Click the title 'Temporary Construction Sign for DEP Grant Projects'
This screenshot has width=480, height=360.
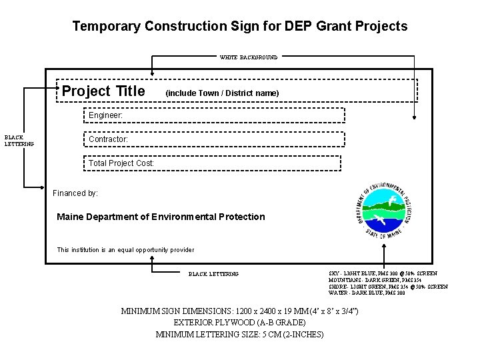click(x=239, y=27)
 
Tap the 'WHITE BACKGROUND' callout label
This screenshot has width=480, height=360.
click(x=249, y=57)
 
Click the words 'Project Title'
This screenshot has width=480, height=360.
click(x=103, y=91)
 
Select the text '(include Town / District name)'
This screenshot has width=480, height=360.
click(x=222, y=93)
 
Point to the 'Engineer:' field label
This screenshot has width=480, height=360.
click(x=105, y=115)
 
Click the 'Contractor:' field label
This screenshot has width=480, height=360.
click(x=108, y=139)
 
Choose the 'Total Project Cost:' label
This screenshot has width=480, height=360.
click(x=121, y=163)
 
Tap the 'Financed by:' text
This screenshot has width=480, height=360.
click(x=75, y=193)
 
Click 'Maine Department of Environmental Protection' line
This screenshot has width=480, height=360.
click(x=161, y=217)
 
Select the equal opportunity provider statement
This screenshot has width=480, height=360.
click(x=125, y=250)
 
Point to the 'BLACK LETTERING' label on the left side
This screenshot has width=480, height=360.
click(x=19, y=141)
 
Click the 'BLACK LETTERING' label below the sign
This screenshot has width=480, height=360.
click(x=214, y=274)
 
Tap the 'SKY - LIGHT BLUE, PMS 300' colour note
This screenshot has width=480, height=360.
click(x=383, y=273)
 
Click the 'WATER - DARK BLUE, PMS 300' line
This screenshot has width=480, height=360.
click(x=367, y=293)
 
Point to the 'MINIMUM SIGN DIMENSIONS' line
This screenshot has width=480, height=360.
click(x=239, y=311)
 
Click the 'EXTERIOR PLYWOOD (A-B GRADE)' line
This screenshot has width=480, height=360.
click(x=239, y=323)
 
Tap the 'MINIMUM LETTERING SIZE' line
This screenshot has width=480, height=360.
click(x=239, y=334)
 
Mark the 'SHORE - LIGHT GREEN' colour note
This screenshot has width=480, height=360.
click(x=388, y=287)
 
